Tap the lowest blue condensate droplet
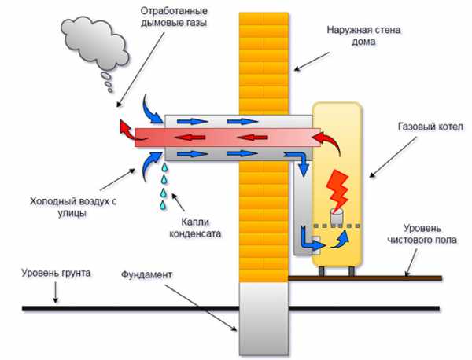coord(164,206)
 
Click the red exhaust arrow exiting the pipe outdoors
coord(125,127)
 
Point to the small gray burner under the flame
coord(338,211)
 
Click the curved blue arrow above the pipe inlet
coord(151,105)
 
